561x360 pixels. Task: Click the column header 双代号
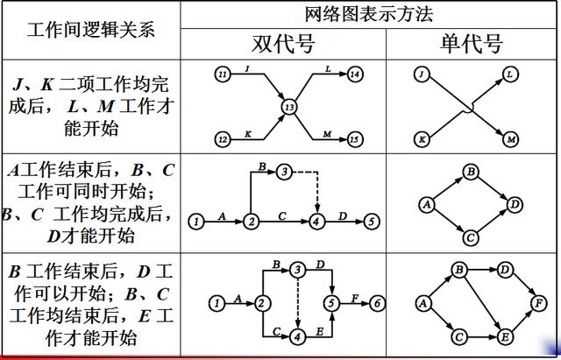(x=282, y=45)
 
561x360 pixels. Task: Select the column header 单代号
(x=470, y=45)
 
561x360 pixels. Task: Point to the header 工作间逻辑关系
(x=90, y=29)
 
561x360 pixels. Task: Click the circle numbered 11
(x=223, y=75)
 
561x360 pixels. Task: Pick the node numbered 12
(x=223, y=138)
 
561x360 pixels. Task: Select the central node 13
(x=288, y=107)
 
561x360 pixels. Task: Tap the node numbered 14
(x=353, y=75)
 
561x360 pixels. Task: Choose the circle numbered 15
(x=353, y=138)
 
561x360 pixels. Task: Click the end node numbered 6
(x=377, y=303)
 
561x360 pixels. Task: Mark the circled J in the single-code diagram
(x=423, y=75)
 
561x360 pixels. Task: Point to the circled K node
(x=423, y=138)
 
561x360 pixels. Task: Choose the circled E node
(x=504, y=335)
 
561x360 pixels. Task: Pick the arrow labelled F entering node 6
(x=353, y=303)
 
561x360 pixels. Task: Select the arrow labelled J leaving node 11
(x=254, y=83)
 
